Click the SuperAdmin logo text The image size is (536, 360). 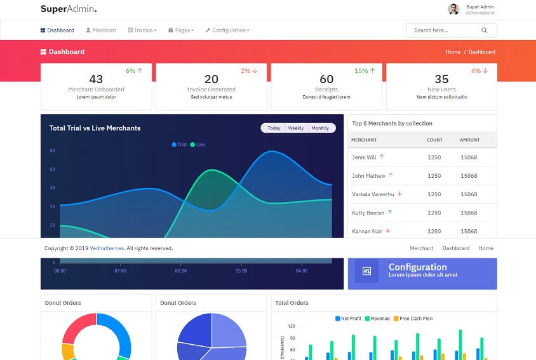coord(69,9)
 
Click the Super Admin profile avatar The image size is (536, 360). coord(453,9)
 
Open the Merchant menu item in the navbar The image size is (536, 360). coord(101,30)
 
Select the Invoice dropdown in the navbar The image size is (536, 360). coord(142,30)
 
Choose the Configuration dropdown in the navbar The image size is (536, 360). coord(227,30)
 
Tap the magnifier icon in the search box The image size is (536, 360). coord(485,30)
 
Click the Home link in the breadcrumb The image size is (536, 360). coord(453,52)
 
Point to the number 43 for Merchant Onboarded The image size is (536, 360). coord(96,79)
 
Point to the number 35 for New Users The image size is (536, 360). coord(441,79)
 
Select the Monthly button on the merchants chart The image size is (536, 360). coord(320,128)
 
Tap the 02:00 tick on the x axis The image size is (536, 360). coord(181,271)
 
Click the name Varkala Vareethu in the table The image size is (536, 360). coord(373,194)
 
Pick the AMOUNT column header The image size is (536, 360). coord(470,140)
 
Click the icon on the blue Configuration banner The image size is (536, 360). coord(366,271)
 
